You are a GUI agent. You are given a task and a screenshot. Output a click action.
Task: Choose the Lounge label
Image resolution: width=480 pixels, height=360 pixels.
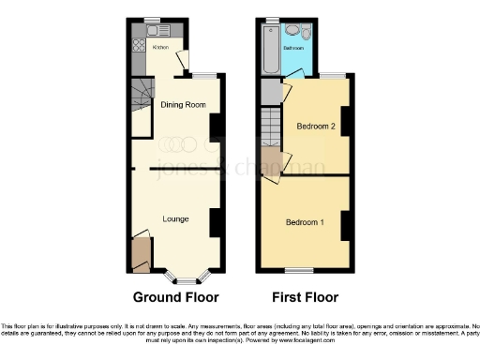click(x=174, y=218)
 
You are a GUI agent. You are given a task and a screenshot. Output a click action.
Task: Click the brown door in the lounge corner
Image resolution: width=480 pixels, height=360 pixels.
click(x=142, y=252)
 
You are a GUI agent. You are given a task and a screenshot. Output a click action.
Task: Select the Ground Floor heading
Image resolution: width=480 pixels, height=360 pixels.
click(x=175, y=297)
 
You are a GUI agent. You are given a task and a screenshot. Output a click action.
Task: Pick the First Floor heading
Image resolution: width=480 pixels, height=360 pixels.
click(x=305, y=297)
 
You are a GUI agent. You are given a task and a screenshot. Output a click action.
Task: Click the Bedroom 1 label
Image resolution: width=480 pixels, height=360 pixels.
click(x=306, y=222)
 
